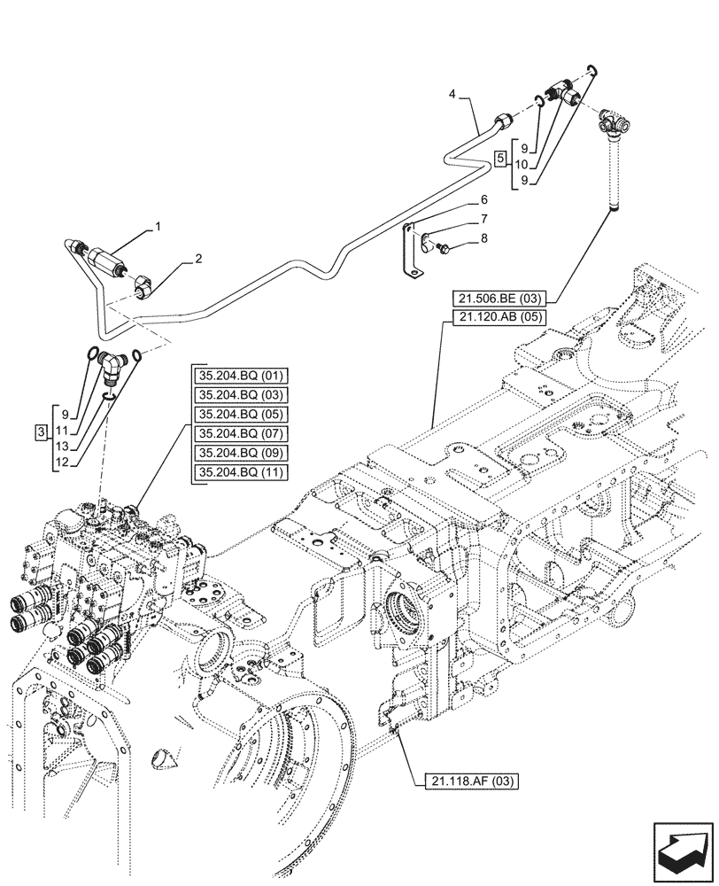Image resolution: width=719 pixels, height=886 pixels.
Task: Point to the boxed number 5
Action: (500, 159)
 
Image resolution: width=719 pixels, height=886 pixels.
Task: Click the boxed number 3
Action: (41, 431)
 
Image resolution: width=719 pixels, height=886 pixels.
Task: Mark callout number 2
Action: (198, 259)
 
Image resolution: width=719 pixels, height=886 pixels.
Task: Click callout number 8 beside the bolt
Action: (483, 237)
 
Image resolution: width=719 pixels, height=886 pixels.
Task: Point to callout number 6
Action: (483, 200)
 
